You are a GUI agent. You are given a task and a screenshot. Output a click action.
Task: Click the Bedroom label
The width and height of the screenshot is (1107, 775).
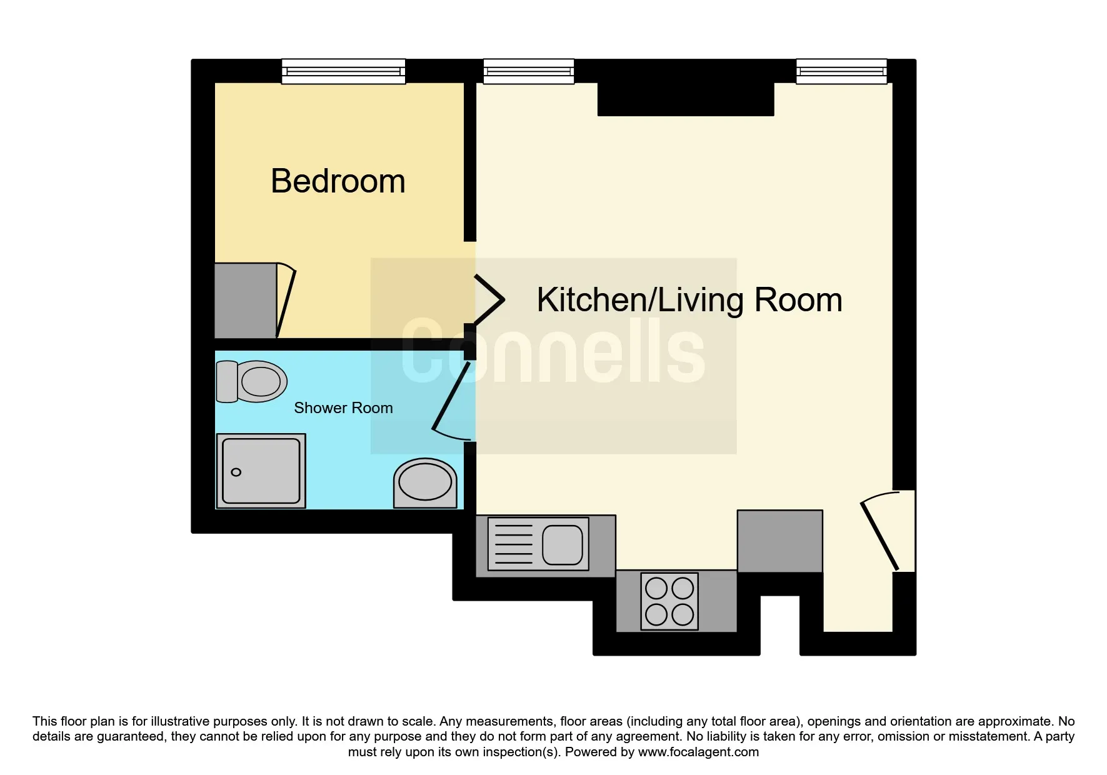(x=338, y=181)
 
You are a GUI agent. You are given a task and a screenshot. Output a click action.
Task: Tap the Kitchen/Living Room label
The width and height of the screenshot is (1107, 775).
(x=689, y=300)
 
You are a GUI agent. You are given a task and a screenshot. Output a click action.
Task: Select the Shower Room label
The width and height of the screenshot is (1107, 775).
(x=343, y=408)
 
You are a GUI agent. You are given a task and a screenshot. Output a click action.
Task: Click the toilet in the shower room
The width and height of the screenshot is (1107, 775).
(x=251, y=381)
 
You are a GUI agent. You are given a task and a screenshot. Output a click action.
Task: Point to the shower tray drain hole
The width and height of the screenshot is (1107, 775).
(x=236, y=472)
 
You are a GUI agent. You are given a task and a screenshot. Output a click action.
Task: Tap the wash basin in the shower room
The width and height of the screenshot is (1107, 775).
(x=425, y=483)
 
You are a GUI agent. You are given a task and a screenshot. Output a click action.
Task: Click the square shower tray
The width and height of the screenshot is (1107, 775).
(x=261, y=471)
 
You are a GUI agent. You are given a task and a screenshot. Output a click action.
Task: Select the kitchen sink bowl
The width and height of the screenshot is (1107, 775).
(x=563, y=544)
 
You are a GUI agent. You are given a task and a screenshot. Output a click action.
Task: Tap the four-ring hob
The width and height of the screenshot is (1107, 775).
(x=669, y=601)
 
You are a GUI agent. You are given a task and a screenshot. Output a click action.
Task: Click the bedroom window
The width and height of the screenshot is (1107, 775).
(x=343, y=71)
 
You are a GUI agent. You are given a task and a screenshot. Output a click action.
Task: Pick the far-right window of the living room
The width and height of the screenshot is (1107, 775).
(x=841, y=71)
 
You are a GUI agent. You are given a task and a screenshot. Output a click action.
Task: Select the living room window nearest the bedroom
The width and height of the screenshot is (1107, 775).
(x=529, y=71)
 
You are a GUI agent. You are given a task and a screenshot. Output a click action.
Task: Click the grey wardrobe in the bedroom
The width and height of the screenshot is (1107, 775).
(x=246, y=301)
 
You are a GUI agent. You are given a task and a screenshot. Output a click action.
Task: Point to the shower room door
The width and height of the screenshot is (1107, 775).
(x=451, y=401)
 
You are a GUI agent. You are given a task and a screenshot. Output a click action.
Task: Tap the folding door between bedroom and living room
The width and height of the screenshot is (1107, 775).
(x=489, y=300)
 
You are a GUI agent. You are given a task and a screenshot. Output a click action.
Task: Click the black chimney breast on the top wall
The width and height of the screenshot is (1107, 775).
(x=686, y=99)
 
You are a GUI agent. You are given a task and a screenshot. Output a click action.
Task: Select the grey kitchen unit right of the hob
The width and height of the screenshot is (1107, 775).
(x=780, y=541)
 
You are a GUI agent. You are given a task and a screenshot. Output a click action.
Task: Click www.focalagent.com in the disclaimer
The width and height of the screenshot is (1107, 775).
(x=698, y=752)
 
